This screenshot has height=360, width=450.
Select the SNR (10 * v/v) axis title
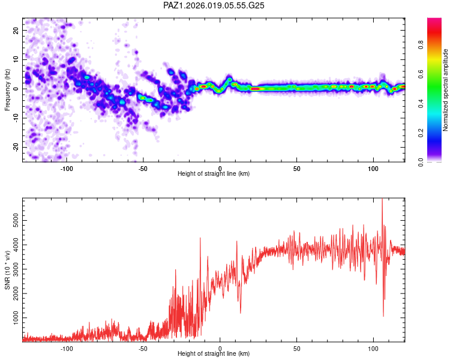(x=7, y=270)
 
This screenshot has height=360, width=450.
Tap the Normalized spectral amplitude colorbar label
(x=446, y=90)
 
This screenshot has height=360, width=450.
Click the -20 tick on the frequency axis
(x=16, y=147)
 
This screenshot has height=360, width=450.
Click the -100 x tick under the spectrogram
(x=67, y=169)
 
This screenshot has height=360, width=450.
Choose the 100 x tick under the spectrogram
(x=373, y=169)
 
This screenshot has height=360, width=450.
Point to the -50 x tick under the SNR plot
(x=143, y=349)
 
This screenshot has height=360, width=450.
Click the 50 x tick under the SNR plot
(x=296, y=349)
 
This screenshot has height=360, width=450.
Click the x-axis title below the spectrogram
(x=214, y=174)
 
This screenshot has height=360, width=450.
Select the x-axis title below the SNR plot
(x=214, y=354)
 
